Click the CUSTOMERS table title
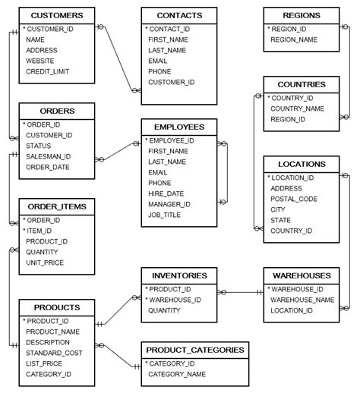tap(57, 15)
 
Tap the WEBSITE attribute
tap(41, 61)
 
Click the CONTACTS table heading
tap(179, 15)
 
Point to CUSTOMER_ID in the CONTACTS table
tap(171, 82)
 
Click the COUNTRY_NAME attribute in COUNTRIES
tap(298, 108)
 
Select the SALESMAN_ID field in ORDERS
tap(48, 157)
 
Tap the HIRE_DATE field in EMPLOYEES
tap(166, 193)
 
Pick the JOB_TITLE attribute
tap(166, 215)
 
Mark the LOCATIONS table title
tap(302, 164)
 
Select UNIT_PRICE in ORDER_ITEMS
tap(45, 263)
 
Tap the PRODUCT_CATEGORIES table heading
tap(194, 350)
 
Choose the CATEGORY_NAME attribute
tap(177, 374)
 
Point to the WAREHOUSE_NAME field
tap(302, 300)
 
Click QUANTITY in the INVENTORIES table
tap(164, 310)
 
